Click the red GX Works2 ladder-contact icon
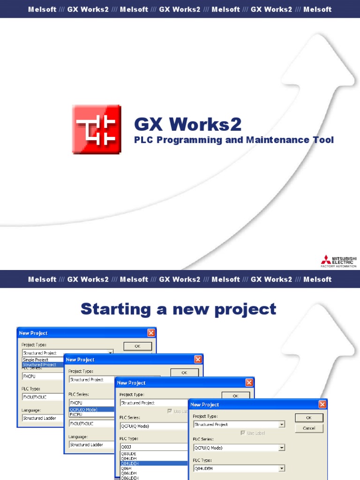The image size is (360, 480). [x=97, y=129]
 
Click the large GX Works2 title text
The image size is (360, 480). [x=188, y=124]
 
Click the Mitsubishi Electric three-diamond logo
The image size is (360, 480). [x=325, y=260]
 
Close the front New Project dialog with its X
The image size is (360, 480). [x=322, y=404]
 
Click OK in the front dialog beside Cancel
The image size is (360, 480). [x=308, y=418]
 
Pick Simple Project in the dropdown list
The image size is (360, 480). [x=36, y=360]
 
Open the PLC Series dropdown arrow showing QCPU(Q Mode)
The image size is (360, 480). [x=282, y=448]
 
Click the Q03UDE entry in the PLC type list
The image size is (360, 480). [x=129, y=454]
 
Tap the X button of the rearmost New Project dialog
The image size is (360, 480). [x=151, y=333]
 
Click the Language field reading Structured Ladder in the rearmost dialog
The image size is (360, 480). [x=40, y=418]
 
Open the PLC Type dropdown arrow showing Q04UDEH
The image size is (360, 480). [x=282, y=468]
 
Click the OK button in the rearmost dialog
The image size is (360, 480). [x=138, y=346]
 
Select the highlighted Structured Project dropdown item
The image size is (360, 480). [x=40, y=365]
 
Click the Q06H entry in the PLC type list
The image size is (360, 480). [x=127, y=468]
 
